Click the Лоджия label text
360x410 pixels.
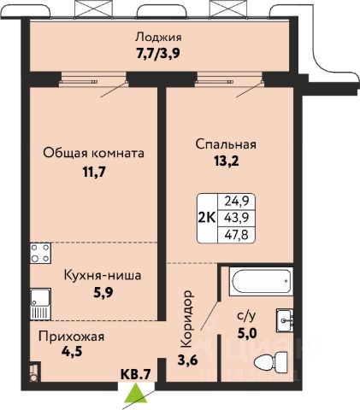(x=158, y=38)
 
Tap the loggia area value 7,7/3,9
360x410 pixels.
(x=158, y=53)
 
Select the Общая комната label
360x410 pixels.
(x=93, y=154)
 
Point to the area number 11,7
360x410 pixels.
(x=94, y=172)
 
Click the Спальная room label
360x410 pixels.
(x=226, y=144)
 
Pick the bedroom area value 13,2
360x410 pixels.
(x=227, y=161)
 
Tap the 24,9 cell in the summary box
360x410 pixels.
(x=237, y=202)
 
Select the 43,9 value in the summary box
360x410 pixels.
(x=237, y=218)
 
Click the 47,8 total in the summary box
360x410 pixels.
(x=237, y=235)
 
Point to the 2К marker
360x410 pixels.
(x=207, y=218)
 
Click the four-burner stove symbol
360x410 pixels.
(x=41, y=253)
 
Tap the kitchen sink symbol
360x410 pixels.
(x=40, y=304)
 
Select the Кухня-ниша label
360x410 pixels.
(x=103, y=276)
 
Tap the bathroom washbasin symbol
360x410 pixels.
(x=285, y=320)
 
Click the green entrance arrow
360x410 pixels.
(x=136, y=393)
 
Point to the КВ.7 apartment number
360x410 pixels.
(x=135, y=374)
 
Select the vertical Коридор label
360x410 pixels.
(x=187, y=319)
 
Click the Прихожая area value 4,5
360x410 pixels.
(x=72, y=351)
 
